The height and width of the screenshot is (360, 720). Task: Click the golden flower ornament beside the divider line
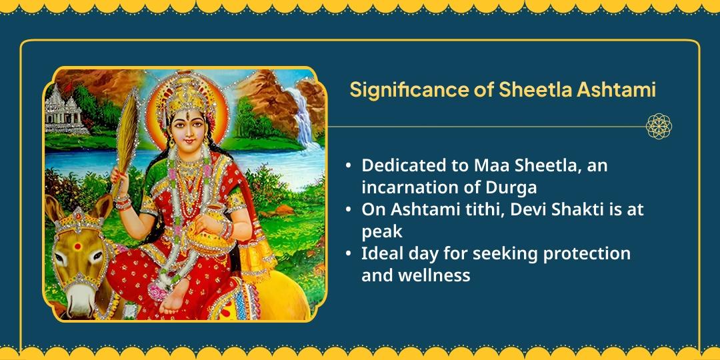pos(659,126)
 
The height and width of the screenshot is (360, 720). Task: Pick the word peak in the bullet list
pos(381,231)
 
